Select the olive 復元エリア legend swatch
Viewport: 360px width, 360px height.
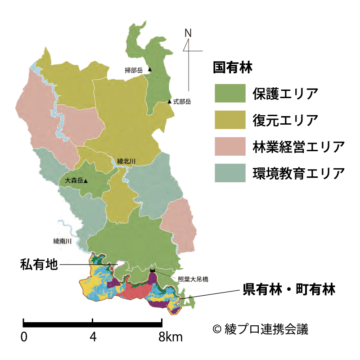[x=229, y=120]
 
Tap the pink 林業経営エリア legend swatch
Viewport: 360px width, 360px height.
[x=229, y=146]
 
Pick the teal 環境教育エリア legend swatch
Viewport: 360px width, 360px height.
[x=229, y=173]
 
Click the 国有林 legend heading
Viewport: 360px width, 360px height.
[x=233, y=68]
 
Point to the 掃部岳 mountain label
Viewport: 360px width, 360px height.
[x=134, y=70]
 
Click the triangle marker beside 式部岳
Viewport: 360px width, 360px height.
[x=170, y=102]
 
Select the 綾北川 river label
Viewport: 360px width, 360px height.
[x=126, y=161]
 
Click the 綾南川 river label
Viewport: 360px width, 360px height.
[x=63, y=241]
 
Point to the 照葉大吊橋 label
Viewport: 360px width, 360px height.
[x=193, y=279]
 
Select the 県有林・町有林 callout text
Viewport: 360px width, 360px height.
[x=289, y=289]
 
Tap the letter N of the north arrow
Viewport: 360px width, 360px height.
[x=188, y=33]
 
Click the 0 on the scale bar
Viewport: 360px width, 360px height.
[x=24, y=337]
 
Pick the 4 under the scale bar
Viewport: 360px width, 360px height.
[x=93, y=337]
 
